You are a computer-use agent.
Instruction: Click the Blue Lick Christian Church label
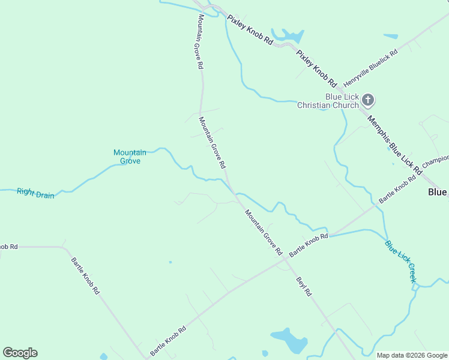coord(328,101)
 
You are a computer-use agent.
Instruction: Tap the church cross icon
coord(368,100)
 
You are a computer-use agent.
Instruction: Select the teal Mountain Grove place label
coord(130,157)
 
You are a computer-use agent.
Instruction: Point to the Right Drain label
coord(35,193)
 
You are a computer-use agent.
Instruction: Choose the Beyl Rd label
coord(304,287)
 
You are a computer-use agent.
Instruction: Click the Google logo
coord(20,353)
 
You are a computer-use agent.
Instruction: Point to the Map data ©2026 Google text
coord(412,355)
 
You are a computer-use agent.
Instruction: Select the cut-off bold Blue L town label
coord(438,192)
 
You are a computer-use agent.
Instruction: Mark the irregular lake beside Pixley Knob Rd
coord(286,36)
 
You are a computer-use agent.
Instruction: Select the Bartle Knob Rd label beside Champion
coord(397,188)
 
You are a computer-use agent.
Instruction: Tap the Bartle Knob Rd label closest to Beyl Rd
coord(309,245)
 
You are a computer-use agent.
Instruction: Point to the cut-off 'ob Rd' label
coord(9,247)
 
